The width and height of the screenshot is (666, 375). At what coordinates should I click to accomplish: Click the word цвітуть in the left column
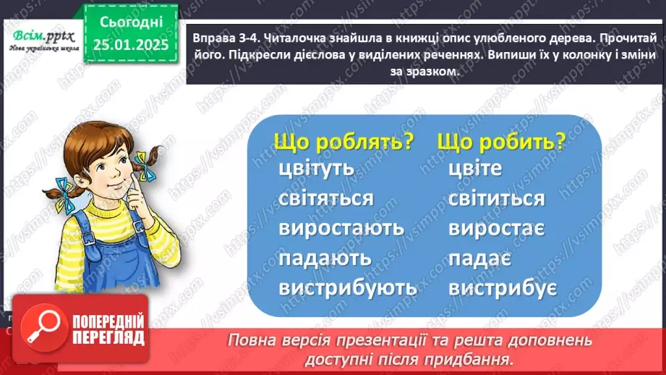click(x=316, y=169)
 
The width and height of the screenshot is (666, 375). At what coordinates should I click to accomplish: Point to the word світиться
click(x=496, y=198)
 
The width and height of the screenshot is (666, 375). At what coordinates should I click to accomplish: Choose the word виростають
click(x=341, y=228)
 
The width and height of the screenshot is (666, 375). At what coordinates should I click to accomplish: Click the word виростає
click(x=497, y=228)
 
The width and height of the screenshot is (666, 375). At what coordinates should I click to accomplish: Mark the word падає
click(x=480, y=258)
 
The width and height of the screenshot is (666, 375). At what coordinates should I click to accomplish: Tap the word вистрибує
click(x=502, y=287)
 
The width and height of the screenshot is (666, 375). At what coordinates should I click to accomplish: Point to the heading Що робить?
click(x=501, y=141)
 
